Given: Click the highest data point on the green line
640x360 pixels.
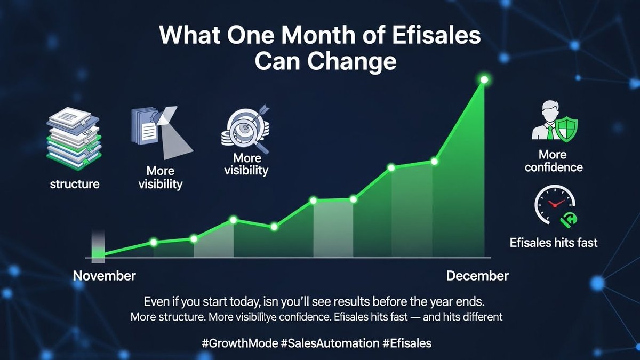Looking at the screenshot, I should click(484, 80).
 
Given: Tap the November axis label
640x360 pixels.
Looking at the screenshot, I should click(105, 276).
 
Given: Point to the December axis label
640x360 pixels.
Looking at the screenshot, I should click(477, 276).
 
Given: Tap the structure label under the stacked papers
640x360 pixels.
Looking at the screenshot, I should click(75, 185).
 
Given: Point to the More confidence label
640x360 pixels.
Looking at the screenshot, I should click(553, 161).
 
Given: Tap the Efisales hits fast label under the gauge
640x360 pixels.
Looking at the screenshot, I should click(554, 243).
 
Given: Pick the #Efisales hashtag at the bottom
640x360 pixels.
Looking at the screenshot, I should click(407, 343).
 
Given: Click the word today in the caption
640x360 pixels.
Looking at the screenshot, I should click(237, 300).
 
